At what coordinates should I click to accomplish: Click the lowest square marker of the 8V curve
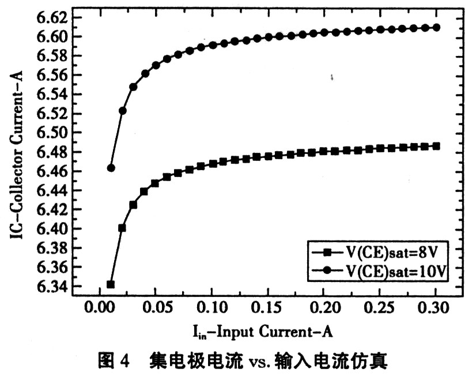coord(111,284)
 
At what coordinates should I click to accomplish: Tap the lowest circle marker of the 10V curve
coord(111,168)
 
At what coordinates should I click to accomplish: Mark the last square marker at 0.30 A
coord(436,146)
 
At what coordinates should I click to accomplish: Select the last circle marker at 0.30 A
coord(436,27)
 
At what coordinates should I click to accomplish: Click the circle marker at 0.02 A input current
coord(122,110)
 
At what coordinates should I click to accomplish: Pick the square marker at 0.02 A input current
coord(122,228)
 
